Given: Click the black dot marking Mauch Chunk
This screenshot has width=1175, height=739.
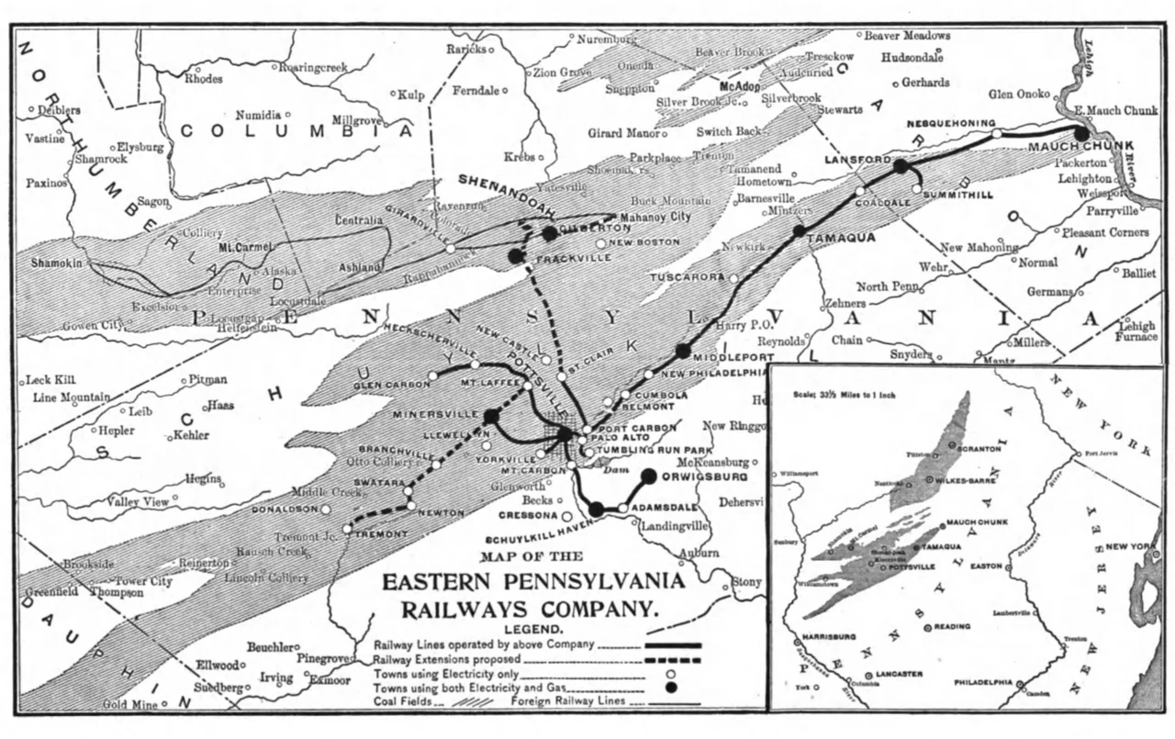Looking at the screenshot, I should click(1081, 133).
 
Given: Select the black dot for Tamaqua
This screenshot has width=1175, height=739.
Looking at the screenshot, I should click(799, 230).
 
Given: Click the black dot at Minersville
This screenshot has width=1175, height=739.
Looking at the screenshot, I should click(491, 416).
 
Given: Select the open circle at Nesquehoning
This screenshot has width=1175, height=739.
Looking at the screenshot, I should click(996, 134).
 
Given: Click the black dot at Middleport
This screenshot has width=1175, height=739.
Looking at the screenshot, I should click(682, 351).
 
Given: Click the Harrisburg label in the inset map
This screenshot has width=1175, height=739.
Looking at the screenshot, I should click(828, 635).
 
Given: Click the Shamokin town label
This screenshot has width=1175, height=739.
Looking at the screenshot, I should click(57, 263).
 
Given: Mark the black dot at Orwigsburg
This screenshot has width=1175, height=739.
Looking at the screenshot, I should click(649, 476).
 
